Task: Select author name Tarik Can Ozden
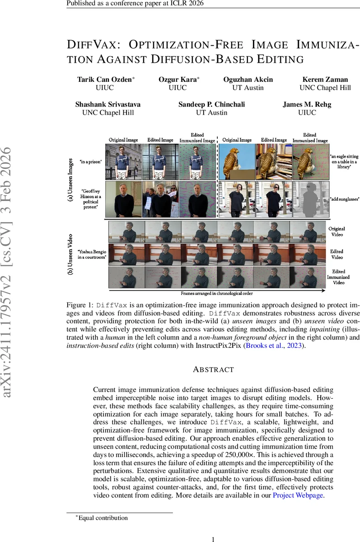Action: pos(104,79)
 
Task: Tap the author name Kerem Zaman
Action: pos(325,79)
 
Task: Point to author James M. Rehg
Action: pos(307,104)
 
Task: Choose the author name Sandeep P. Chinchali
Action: pos(212,104)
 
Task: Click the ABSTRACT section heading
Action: pos(213,369)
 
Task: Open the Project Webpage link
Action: pos(298,495)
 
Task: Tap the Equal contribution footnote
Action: pos(103,518)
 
